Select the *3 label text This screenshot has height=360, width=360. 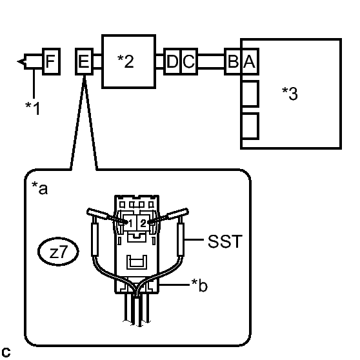[x=290, y=94]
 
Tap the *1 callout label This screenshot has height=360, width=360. [x=33, y=108]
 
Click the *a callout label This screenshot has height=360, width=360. [x=39, y=188]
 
